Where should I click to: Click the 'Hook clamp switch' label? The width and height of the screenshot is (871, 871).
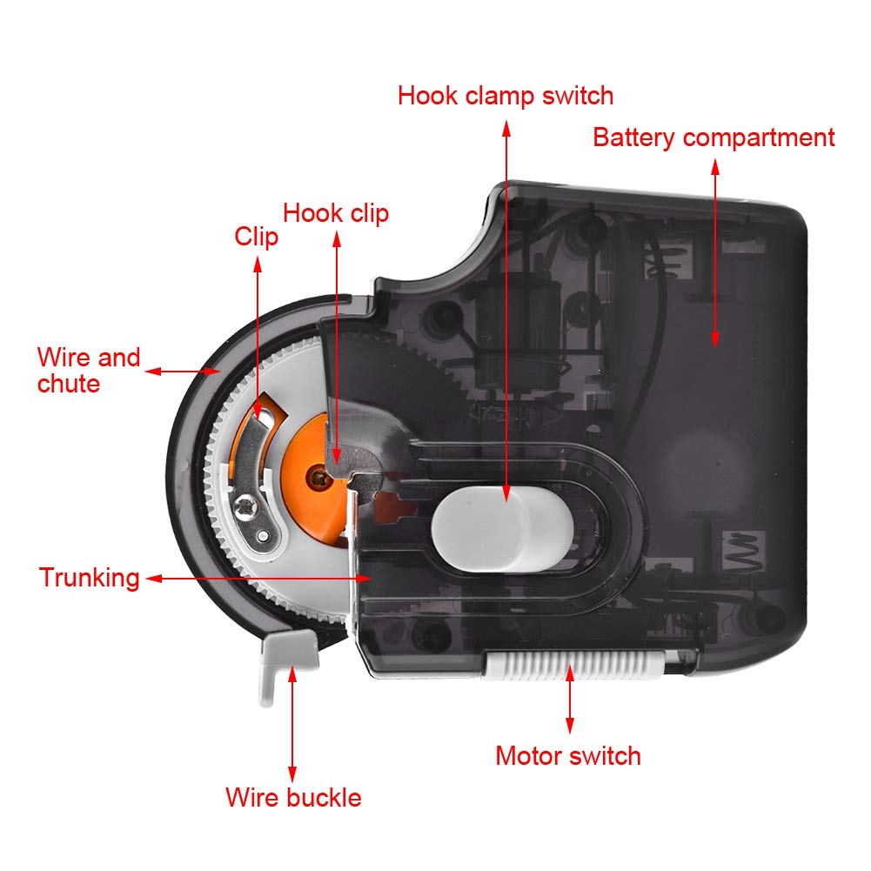click(x=506, y=95)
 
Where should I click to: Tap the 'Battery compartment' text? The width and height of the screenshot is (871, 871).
click(x=714, y=137)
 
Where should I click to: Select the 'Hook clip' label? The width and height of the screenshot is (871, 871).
click(x=336, y=213)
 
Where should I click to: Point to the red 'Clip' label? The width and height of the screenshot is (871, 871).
click(x=257, y=237)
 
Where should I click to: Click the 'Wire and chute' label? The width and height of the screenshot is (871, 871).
click(x=88, y=370)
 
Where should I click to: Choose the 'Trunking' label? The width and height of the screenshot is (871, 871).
click(x=89, y=578)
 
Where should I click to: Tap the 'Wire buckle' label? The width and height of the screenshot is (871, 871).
click(x=293, y=797)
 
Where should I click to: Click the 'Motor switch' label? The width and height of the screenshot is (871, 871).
click(x=568, y=755)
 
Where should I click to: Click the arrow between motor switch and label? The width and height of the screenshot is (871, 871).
click(x=569, y=705)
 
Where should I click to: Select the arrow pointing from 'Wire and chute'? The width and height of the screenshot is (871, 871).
click(x=183, y=372)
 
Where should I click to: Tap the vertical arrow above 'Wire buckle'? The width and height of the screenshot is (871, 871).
click(x=292, y=722)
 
